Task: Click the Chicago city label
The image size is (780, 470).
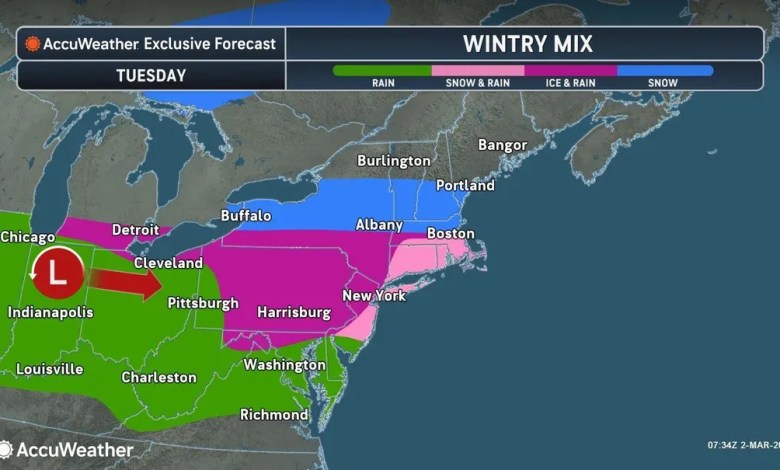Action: (28, 237)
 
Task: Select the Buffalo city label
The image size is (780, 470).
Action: (246, 216)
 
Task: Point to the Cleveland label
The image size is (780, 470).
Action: (170, 263)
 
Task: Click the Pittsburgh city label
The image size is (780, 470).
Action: (202, 302)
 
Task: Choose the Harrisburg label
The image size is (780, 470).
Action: (294, 313)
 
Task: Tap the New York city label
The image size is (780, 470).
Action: (374, 296)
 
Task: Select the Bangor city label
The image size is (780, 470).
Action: (502, 145)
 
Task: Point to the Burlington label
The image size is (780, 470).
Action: (395, 161)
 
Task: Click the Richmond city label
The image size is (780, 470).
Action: (274, 415)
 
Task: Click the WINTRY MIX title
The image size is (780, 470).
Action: (528, 44)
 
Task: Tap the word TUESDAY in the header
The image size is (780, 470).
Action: (150, 75)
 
